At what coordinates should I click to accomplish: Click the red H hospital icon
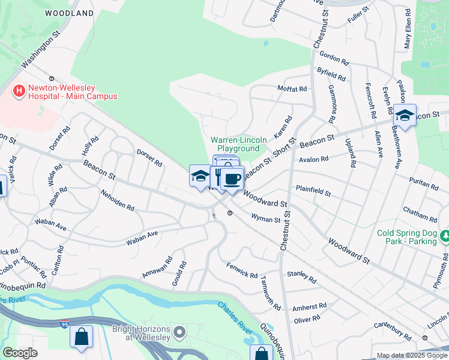(19, 91)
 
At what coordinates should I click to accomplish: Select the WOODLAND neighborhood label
(70, 13)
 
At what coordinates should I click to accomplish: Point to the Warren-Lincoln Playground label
(238, 144)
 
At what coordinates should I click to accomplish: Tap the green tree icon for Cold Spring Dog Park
(445, 237)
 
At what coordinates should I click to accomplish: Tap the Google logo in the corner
(20, 353)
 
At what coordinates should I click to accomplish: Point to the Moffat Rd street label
(292, 89)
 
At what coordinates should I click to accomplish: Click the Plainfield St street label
(313, 192)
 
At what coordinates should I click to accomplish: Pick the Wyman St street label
(265, 219)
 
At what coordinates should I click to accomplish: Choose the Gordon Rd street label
(334, 58)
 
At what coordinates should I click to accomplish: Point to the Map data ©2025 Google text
(412, 355)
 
